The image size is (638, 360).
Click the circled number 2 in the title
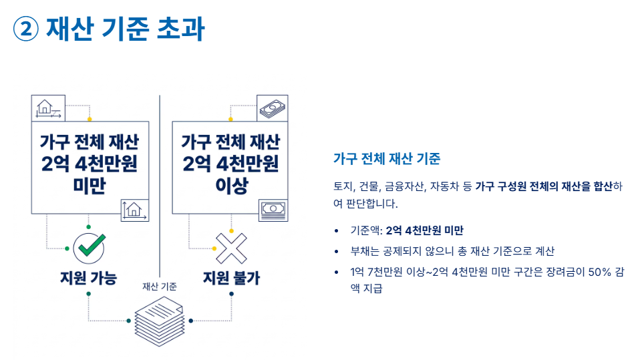click(27, 29)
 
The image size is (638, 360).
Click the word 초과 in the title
click(179, 29)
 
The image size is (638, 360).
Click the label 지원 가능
click(88, 277)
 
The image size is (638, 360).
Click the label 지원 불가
click(231, 277)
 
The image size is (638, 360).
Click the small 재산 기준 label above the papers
click(160, 287)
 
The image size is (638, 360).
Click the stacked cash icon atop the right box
click(273, 108)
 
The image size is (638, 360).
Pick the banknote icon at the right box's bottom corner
click(273, 209)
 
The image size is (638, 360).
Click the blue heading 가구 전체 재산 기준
click(386, 159)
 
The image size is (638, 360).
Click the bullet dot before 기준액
click(336, 231)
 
